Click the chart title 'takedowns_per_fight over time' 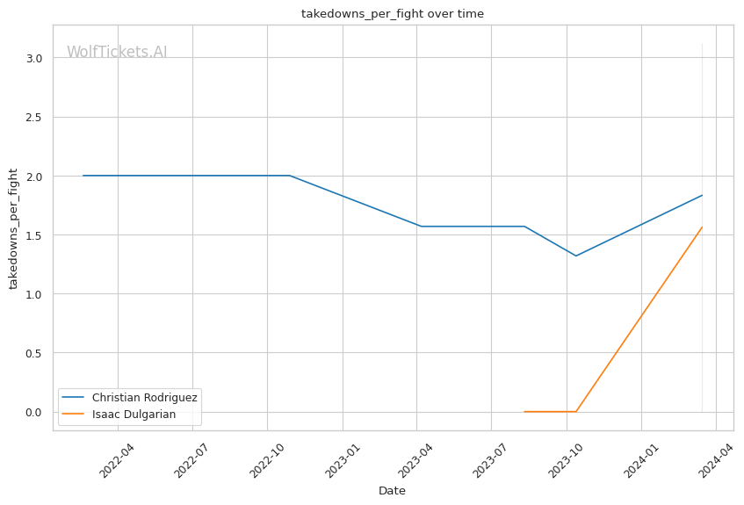pyautogui.click(x=392, y=14)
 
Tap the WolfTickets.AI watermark pyautogui.click(x=117, y=52)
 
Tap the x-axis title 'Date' pyautogui.click(x=392, y=491)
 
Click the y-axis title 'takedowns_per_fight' pyautogui.click(x=13, y=227)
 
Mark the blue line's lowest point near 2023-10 pyautogui.click(x=575, y=256)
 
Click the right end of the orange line pyautogui.click(x=702, y=227)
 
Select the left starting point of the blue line pyautogui.click(x=83, y=176)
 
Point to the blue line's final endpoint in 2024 pyautogui.click(x=702, y=195)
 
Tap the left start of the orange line pyautogui.click(x=524, y=411)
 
